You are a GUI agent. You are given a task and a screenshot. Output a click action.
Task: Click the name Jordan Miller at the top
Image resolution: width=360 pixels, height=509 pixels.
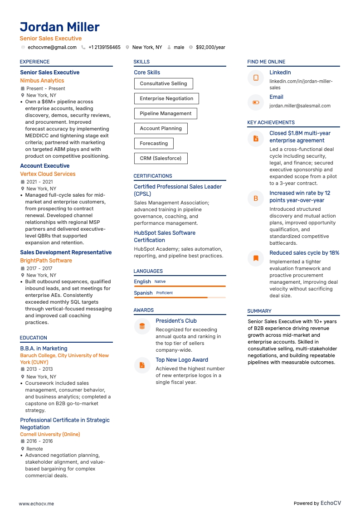point(59,27)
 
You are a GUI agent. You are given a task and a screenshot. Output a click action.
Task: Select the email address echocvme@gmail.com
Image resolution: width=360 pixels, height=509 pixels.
point(52,47)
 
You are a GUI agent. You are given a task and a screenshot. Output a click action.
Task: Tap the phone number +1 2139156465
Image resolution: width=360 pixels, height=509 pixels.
point(104,47)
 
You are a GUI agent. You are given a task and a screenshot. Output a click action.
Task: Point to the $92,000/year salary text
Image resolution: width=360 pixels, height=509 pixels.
point(210,47)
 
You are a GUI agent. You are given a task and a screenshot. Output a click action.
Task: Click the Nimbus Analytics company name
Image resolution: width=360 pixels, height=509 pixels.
point(42,81)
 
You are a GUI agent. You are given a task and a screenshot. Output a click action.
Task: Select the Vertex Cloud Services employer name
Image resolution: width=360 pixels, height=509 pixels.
point(48,174)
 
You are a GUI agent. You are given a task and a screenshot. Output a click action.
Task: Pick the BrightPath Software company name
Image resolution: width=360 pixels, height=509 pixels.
point(46,261)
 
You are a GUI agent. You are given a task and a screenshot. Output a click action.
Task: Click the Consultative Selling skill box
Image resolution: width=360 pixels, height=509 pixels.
point(163,83)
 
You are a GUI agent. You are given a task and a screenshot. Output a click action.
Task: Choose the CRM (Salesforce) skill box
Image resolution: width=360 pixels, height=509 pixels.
point(161,158)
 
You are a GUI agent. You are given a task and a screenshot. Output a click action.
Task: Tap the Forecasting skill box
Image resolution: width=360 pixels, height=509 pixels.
point(154,143)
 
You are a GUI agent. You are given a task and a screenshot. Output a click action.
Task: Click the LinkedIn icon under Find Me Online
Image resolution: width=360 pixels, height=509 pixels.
point(256,78)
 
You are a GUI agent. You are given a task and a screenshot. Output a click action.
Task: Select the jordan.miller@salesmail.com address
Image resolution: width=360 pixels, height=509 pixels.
point(300,106)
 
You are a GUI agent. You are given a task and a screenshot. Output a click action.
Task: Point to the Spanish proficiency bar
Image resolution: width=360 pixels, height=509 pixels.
point(180,297)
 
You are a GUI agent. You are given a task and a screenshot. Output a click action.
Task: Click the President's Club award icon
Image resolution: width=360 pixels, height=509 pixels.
point(142,326)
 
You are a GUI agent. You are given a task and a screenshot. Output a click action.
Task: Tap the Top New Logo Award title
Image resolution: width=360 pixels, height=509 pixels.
point(182,360)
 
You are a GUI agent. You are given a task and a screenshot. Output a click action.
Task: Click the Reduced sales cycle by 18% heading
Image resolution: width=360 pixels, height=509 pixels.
point(304,253)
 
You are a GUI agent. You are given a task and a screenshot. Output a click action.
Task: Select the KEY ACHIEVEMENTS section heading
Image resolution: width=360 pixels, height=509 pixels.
point(271,122)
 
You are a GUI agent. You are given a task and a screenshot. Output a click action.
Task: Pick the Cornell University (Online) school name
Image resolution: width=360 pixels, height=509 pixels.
point(50,434)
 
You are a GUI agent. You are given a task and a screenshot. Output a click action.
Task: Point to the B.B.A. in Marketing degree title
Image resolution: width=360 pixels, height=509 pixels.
point(44,349)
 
